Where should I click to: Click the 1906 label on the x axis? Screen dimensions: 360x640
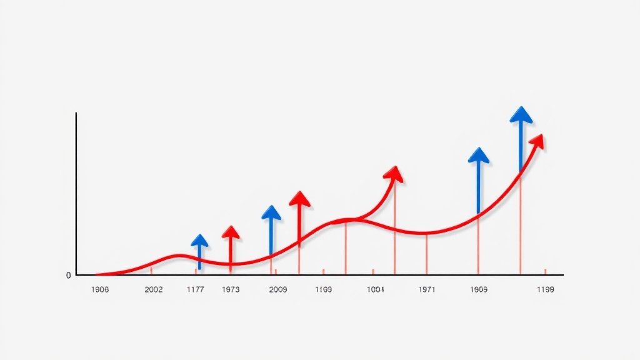point(100,290)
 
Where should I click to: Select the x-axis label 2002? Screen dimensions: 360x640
point(154,290)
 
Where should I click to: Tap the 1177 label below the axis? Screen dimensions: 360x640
point(196,290)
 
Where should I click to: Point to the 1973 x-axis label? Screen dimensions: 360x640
point(231,290)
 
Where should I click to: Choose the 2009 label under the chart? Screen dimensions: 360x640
point(277,290)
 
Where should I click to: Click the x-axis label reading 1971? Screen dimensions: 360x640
point(427,290)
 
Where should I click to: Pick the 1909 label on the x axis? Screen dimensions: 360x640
point(479,290)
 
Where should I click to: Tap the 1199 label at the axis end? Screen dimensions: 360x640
point(545,290)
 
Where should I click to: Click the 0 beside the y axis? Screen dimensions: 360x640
point(68,276)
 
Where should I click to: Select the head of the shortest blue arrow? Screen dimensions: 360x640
point(199,241)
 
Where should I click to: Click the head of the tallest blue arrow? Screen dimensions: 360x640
point(521,114)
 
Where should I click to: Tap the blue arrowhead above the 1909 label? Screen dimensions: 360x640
point(479,155)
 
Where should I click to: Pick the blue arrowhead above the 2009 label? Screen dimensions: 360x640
point(271,212)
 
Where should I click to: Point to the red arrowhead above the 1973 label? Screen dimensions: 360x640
point(231,232)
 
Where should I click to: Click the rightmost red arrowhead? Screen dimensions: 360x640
point(537,141)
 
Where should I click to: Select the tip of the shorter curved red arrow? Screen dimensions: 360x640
point(394,173)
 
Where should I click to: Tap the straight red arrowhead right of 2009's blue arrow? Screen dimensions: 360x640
point(299,199)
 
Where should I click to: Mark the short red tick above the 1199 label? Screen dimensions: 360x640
point(545,271)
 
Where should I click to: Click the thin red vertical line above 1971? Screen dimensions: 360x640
point(427,254)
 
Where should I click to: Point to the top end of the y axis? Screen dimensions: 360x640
point(76,114)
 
